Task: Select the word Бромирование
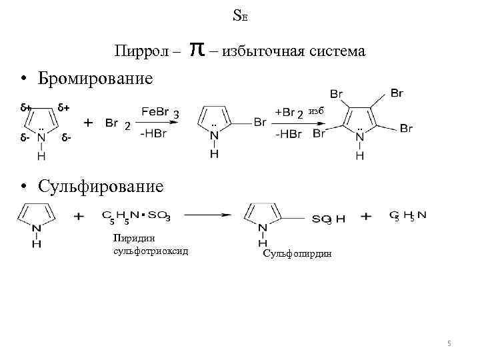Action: tap(95, 79)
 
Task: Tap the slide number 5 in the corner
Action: tap(449, 343)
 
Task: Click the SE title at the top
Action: tap(240, 15)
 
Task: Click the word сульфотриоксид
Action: tap(151, 251)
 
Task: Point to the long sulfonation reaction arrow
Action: tap(207, 215)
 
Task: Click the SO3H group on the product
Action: tap(327, 219)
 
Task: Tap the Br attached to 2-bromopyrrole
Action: tap(260, 123)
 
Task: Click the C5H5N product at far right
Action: tap(408, 216)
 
